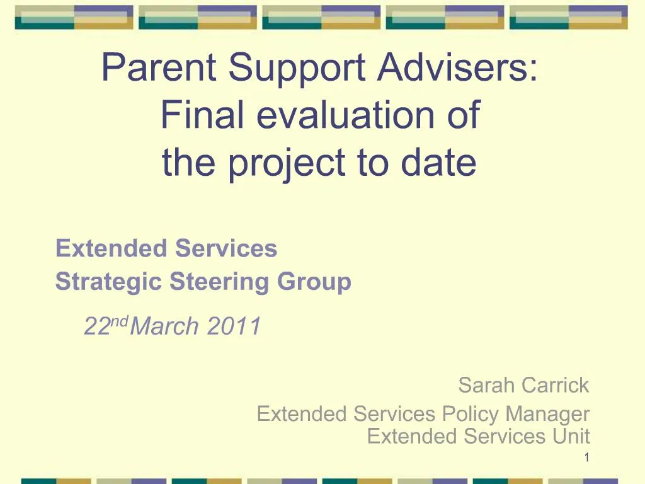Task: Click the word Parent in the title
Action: (159, 67)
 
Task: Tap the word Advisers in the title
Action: (457, 67)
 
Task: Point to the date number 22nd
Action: (106, 326)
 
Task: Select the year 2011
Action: (234, 326)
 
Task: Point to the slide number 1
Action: (586, 458)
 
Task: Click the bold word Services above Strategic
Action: (226, 248)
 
